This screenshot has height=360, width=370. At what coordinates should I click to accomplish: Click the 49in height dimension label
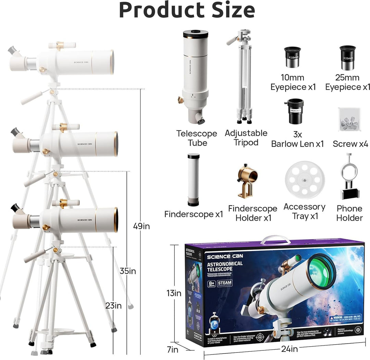pos(141,226)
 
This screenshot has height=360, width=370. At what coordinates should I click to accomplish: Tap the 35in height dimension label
pos(128,271)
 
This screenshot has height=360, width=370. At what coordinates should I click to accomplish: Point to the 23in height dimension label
pos(113,305)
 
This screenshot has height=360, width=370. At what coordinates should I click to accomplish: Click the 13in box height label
pos(173,293)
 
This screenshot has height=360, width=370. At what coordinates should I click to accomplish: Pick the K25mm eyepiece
pos(348,58)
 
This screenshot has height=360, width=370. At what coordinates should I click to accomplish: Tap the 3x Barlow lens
pos(295,111)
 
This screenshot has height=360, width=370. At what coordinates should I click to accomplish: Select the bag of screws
pos(349,119)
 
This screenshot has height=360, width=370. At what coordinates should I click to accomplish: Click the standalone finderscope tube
pos(194,180)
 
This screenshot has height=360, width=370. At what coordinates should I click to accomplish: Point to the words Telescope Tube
pos(197,138)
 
